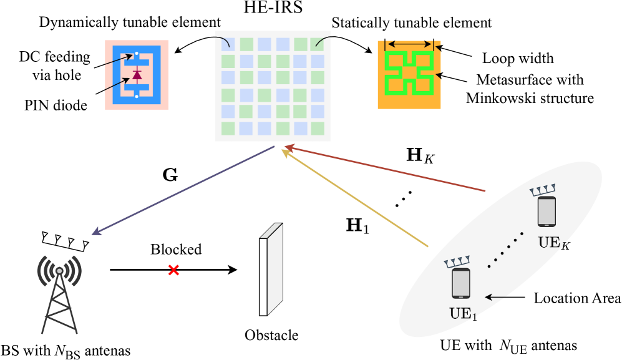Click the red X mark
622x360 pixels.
(x=173, y=270)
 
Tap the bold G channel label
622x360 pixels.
(x=170, y=175)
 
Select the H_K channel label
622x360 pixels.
(x=420, y=155)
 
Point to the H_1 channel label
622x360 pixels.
(x=357, y=225)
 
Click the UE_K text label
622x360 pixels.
(x=554, y=243)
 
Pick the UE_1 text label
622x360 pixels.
(x=463, y=314)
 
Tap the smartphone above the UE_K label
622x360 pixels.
(x=547, y=212)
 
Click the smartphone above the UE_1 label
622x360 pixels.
(x=461, y=283)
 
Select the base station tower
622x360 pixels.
(x=59, y=293)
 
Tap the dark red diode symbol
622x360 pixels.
(x=137, y=75)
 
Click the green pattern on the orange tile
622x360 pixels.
(x=409, y=73)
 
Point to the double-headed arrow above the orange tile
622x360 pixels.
(x=409, y=44)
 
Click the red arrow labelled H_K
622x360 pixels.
(x=384, y=168)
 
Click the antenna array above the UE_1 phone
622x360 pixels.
(x=457, y=261)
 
